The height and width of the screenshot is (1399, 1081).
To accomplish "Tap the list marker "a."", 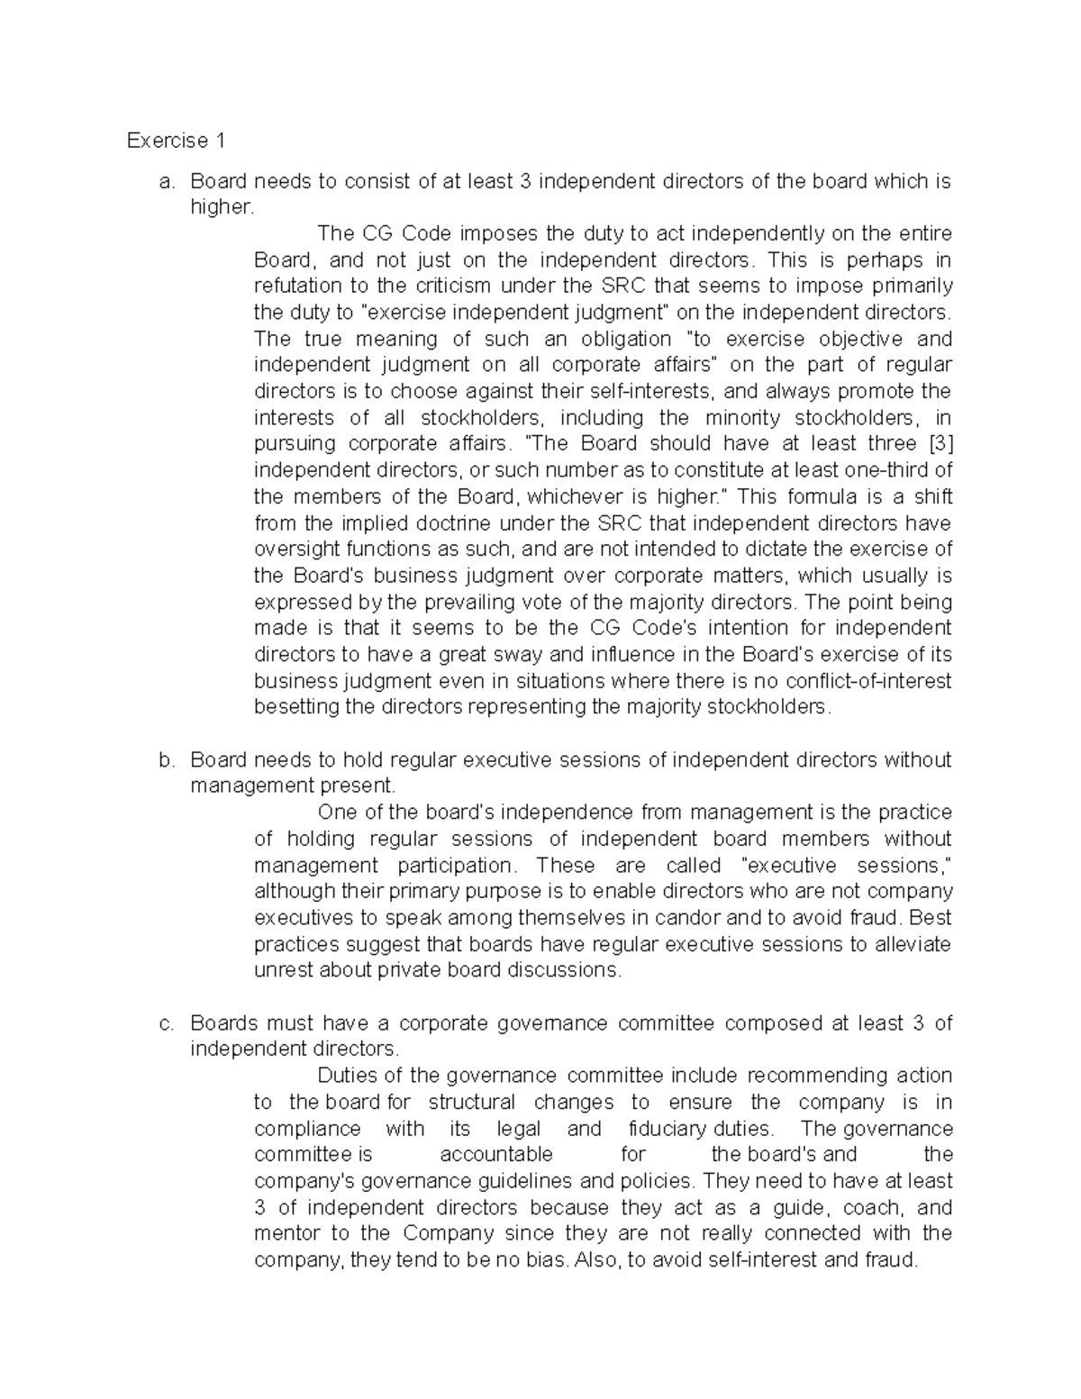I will click(165, 181).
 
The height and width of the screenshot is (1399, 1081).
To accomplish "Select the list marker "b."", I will click(165, 760).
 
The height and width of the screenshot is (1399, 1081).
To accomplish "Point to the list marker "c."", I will click(165, 1023).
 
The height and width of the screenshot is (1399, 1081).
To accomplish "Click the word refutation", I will click(298, 286).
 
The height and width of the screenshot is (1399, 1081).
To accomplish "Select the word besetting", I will click(296, 707).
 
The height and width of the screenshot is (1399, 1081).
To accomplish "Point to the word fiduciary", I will click(668, 1129).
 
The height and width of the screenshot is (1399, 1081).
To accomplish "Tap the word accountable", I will click(496, 1155).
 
